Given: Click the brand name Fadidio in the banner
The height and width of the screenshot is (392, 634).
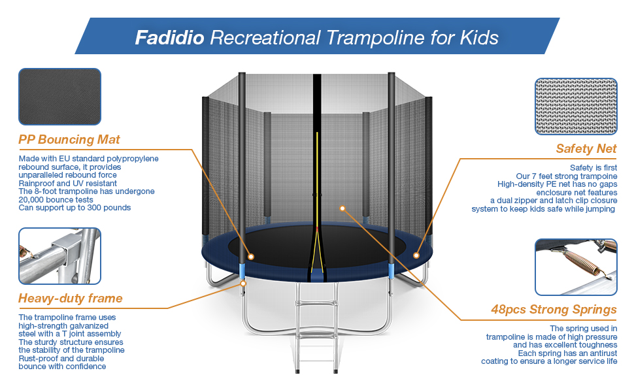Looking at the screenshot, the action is (x=169, y=37).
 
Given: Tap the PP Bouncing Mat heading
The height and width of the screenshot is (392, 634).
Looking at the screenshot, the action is (x=69, y=139).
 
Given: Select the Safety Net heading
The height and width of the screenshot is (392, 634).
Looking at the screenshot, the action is (x=586, y=149).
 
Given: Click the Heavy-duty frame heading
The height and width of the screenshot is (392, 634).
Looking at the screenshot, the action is (x=71, y=299).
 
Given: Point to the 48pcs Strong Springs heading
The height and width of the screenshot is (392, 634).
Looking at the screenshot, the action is (x=554, y=309).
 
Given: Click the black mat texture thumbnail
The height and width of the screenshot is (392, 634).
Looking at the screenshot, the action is (x=59, y=97).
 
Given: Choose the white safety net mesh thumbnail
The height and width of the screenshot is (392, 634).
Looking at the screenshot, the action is (x=576, y=106).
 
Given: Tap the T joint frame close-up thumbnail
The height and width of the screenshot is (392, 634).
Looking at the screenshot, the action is (x=59, y=256).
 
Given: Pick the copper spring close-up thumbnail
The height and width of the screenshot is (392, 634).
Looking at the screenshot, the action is (x=576, y=267).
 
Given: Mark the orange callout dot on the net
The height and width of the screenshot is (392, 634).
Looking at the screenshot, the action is (x=342, y=208).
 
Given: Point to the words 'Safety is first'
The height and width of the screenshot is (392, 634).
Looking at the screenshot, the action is (x=593, y=168).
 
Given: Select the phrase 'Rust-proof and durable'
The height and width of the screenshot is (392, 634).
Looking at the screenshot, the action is (x=62, y=359).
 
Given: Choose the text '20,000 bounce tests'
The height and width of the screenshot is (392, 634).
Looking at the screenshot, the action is (x=56, y=199).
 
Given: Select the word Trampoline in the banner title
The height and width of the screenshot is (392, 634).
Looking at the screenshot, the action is (x=380, y=37).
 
